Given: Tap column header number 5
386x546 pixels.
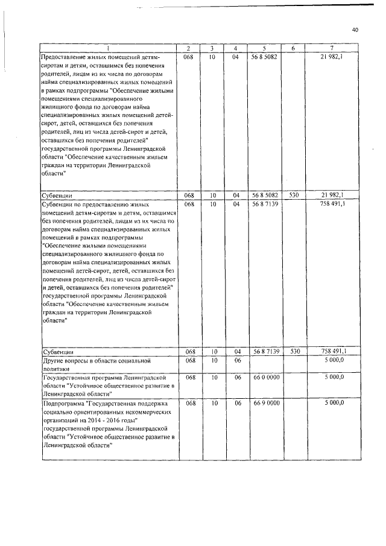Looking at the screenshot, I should pos(265,48).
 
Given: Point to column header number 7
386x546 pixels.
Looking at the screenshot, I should pos(332,48).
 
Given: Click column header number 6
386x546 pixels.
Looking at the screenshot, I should pos(294,48).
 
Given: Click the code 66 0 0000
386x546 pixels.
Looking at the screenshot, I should pos(265,377).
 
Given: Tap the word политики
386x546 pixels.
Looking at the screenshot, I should pos(56,368).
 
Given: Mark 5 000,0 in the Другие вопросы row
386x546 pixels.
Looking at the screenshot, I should pos(334,360).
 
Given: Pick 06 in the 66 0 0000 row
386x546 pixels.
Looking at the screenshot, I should pos(236,377).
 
